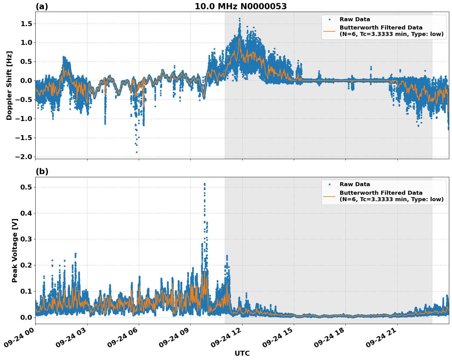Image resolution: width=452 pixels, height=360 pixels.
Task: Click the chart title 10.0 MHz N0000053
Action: (x=240, y=6)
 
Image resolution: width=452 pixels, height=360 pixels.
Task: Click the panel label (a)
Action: (x=42, y=6)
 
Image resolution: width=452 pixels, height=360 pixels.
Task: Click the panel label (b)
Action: (x=42, y=171)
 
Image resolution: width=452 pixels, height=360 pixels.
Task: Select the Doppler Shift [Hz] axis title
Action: (x=9, y=85)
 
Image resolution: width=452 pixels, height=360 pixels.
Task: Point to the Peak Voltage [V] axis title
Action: (x=15, y=250)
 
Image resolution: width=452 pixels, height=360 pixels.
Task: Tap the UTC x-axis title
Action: (x=242, y=353)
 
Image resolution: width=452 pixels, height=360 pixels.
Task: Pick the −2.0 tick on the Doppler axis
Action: (x=23, y=157)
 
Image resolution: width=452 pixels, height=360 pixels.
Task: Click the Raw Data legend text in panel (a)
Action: (x=355, y=19)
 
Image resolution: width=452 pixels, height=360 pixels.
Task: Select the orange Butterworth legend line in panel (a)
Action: (x=329, y=31)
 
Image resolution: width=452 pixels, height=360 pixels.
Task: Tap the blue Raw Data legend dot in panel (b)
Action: (x=329, y=184)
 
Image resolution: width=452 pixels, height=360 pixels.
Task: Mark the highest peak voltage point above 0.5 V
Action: (x=205, y=184)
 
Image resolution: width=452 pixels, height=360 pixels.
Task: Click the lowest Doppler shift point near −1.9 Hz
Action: (x=137, y=152)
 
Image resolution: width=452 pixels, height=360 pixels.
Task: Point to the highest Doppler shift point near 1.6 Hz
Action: (x=240, y=19)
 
